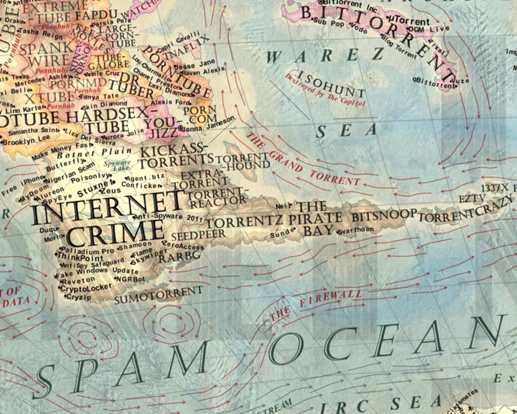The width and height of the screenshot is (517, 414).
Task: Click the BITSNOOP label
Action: (384, 215)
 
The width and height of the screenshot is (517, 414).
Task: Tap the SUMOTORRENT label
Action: (159, 294)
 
